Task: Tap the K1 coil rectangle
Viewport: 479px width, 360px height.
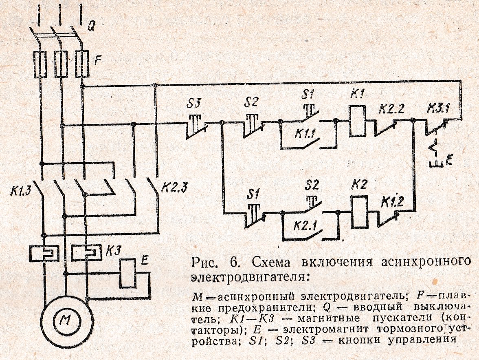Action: pos(358,121)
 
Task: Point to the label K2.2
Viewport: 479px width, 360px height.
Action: pos(391,109)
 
